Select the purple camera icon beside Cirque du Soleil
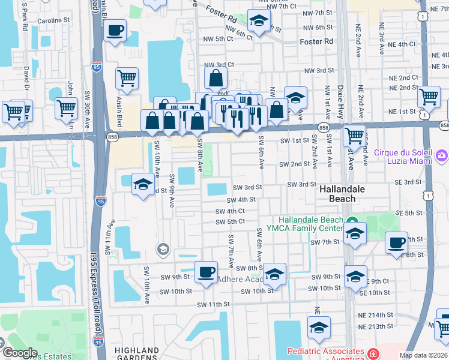442,156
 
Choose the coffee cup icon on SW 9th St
206,273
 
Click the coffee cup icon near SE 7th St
396,244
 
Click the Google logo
19,353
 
